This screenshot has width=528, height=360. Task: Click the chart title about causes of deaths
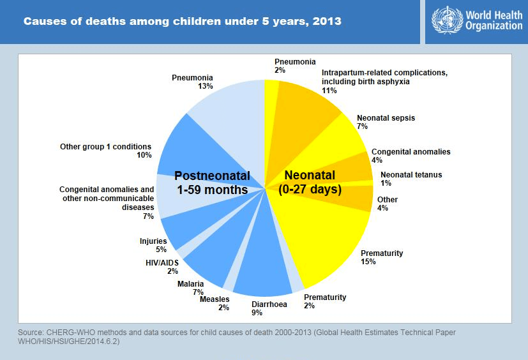pyautogui.click(x=182, y=22)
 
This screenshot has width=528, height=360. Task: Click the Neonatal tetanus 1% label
pyautogui.click(x=411, y=179)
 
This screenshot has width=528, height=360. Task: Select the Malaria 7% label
pyautogui.click(x=191, y=288)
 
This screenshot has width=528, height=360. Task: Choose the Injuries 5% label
pyautogui.click(x=153, y=246)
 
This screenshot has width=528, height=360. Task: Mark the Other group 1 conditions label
pyautogui.click(x=105, y=151)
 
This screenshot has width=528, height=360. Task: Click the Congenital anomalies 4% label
pyautogui.click(x=411, y=156)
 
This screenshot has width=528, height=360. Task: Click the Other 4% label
pyautogui.click(x=387, y=204)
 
